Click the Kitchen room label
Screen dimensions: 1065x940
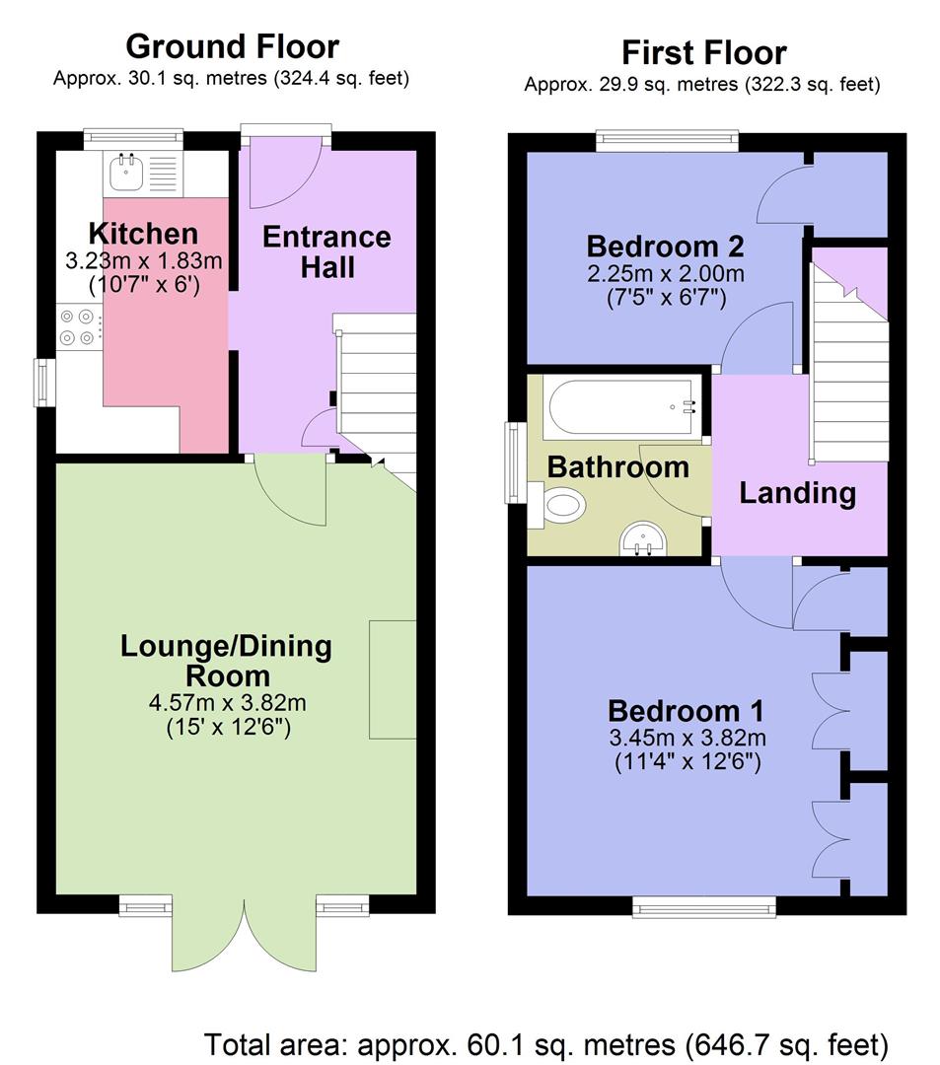pyautogui.click(x=143, y=234)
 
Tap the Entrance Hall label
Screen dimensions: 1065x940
pyautogui.click(x=325, y=251)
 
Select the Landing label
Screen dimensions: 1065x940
pyautogui.click(x=797, y=492)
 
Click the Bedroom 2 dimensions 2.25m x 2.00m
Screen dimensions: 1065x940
pyautogui.click(x=665, y=273)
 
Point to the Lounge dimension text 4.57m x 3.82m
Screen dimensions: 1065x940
pyautogui.click(x=226, y=704)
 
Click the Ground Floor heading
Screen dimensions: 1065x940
pyautogui.click(x=232, y=46)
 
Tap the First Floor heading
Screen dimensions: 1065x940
pyautogui.click(x=702, y=51)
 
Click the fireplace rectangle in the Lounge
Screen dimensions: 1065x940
pyautogui.click(x=393, y=679)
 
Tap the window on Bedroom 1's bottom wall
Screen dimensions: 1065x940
pyautogui.click(x=703, y=905)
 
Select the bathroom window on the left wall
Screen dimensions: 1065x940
pyautogui.click(x=514, y=462)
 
